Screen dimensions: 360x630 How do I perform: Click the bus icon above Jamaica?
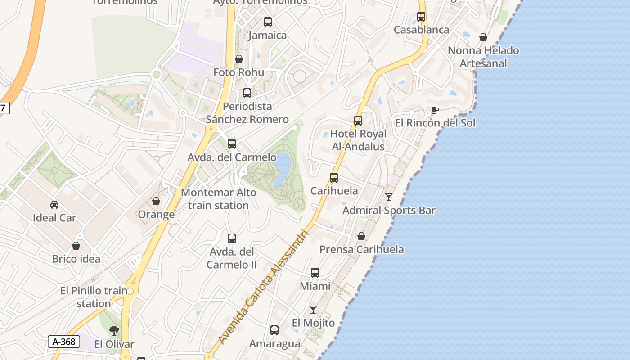click(x=268, y=22)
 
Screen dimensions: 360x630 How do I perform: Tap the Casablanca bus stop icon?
click(x=421, y=17)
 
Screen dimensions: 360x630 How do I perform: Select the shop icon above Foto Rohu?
click(x=239, y=59)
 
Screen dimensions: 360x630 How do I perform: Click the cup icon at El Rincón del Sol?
click(x=435, y=110)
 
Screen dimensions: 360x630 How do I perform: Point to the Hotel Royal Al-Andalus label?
click(x=358, y=140)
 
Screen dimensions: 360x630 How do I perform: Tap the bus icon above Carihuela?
click(x=334, y=177)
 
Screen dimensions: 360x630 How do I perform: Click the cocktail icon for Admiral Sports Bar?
click(x=389, y=197)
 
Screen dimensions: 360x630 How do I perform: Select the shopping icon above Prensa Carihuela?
click(x=361, y=236)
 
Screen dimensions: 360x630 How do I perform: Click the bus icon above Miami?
click(x=315, y=272)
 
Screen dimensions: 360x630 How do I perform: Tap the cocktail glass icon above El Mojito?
click(x=313, y=310)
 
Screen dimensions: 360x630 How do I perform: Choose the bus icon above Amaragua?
click(x=274, y=330)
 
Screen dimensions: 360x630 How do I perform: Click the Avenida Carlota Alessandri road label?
click(x=264, y=287)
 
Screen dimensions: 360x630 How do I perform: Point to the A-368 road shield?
click(x=64, y=342)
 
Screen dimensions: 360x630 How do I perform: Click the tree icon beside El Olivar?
click(x=114, y=331)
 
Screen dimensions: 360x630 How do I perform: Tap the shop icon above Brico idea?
click(x=76, y=246)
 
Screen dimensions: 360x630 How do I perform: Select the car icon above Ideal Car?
click(x=54, y=205)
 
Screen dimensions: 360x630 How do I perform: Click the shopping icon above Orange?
click(x=156, y=201)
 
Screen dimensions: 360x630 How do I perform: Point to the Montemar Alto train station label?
click(x=219, y=199)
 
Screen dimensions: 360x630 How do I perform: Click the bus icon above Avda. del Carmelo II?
click(x=232, y=238)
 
